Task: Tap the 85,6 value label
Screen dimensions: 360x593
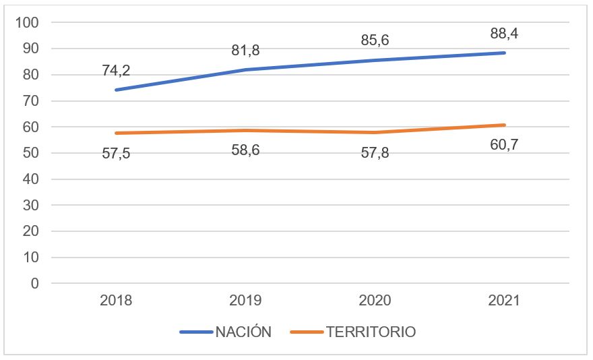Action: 374,40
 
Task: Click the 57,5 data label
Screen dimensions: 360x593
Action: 116,153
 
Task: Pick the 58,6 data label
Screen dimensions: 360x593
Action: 245,150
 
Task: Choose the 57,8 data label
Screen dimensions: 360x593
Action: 374,153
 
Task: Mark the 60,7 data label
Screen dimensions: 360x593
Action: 503,145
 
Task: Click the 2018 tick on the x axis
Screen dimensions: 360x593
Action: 116,301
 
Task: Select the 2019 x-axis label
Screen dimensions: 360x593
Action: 245,301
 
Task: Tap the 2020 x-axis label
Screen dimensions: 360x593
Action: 374,301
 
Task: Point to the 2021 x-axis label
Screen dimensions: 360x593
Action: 503,301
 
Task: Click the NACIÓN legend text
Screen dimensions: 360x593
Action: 243,332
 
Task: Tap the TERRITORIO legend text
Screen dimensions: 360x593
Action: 371,332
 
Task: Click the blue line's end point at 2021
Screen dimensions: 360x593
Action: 503,53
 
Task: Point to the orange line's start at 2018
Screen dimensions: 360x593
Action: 116,133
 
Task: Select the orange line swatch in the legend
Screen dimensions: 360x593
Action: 307,332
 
